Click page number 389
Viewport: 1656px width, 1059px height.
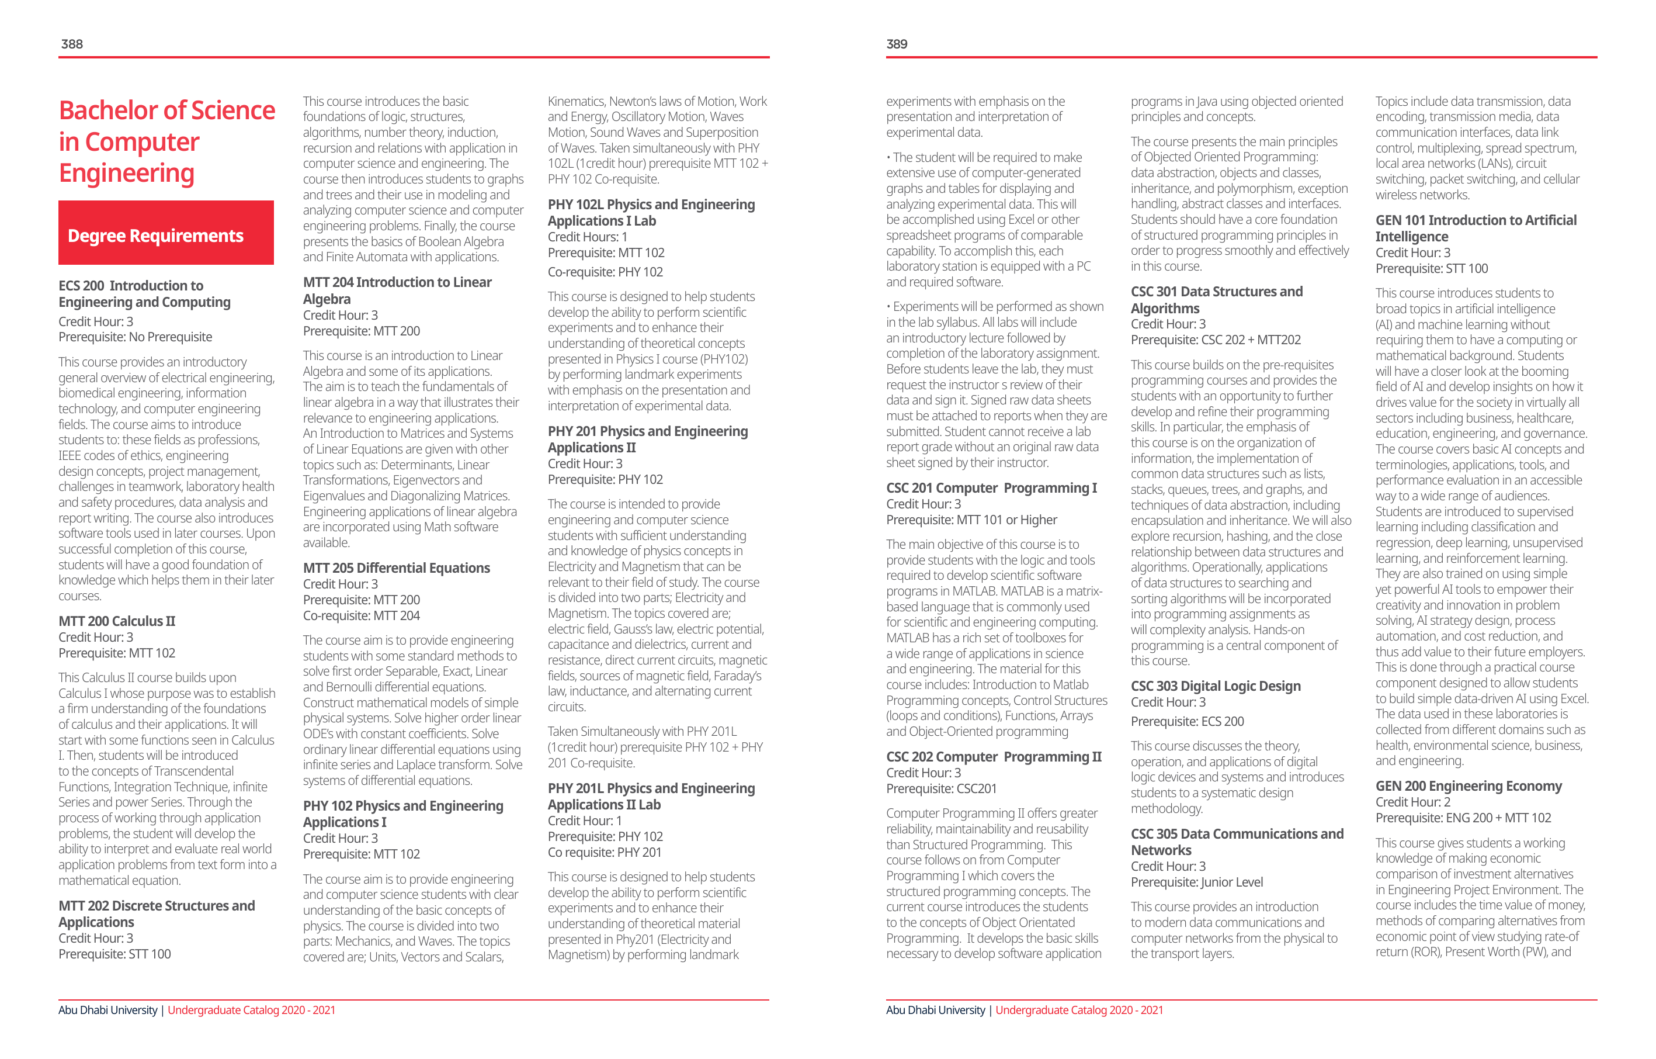tap(897, 44)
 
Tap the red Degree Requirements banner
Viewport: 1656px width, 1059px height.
tap(166, 233)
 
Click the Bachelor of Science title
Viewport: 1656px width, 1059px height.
tap(166, 141)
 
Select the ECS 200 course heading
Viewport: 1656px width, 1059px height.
tap(144, 294)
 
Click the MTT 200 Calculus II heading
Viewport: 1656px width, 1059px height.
tap(116, 621)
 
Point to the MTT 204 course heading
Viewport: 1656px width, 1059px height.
tap(397, 290)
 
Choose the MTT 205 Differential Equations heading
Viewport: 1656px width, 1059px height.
tap(396, 567)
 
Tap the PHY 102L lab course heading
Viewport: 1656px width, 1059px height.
tap(651, 213)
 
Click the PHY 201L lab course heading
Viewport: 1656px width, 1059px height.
tap(651, 796)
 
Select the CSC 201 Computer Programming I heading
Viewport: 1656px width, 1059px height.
tap(991, 488)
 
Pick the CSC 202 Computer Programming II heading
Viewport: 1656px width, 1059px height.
tap(993, 757)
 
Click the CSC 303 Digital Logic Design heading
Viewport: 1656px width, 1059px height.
tap(1215, 686)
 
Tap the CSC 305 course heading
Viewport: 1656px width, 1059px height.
tap(1237, 842)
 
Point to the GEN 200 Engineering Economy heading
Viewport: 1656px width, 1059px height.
tap(1468, 786)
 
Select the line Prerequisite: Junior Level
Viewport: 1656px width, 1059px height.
tap(1197, 882)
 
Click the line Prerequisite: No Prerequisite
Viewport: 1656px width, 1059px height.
tap(135, 337)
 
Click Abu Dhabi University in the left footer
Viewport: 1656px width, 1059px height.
tap(108, 1010)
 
